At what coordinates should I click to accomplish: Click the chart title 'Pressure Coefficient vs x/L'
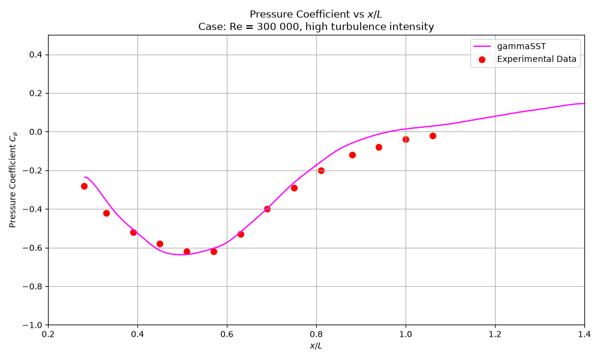[316, 14]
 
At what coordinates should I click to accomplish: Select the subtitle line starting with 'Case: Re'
[316, 27]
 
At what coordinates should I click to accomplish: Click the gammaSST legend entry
[509, 46]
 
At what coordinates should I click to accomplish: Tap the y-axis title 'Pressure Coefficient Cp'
[13, 180]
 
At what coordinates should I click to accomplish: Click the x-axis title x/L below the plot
[316, 346]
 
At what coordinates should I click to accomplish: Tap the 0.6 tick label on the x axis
[227, 334]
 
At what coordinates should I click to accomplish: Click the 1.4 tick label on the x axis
[584, 334]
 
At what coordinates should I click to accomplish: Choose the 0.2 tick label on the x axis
[48, 334]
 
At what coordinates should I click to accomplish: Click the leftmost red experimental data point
[84, 187]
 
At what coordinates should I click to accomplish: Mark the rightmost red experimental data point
[433, 136]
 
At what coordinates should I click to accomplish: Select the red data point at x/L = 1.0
[406, 140]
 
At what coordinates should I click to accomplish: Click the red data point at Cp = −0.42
[106, 213]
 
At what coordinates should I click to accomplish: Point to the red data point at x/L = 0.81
[321, 170]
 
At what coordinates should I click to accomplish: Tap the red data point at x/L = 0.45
[160, 244]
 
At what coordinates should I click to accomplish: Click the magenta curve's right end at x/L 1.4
[584, 103]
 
